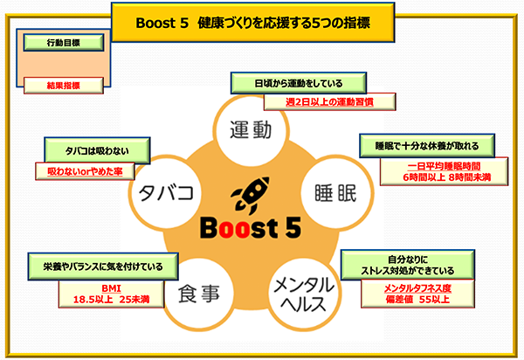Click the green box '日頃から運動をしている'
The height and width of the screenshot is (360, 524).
pos(298,84)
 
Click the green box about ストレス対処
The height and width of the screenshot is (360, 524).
pos(409,265)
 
